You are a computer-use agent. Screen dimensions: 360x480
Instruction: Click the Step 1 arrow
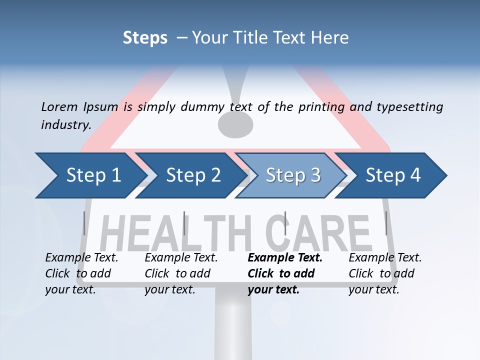click(93, 175)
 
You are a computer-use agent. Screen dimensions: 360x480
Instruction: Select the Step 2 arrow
click(193, 175)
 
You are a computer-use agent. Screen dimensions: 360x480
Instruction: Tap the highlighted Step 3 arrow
click(293, 175)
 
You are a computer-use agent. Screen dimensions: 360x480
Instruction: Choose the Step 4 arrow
click(393, 175)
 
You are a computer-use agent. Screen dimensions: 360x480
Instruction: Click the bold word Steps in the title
click(145, 37)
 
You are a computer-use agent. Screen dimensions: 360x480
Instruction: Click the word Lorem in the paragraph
click(59, 106)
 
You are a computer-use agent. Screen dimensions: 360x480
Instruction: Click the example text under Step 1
click(81, 273)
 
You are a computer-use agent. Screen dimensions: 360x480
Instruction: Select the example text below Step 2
click(181, 273)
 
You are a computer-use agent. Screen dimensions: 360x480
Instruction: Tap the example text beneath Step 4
click(385, 273)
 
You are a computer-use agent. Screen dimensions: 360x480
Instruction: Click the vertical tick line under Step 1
click(84, 223)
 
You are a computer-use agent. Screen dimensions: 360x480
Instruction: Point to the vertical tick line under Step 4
click(386, 223)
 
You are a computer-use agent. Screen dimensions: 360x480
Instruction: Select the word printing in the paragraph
click(320, 106)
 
